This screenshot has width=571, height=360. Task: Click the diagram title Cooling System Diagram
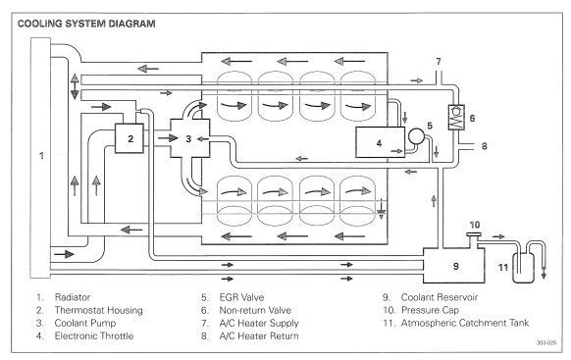[86, 24]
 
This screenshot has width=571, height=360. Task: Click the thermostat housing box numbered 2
[130, 138]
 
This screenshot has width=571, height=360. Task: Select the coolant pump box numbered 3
[189, 138]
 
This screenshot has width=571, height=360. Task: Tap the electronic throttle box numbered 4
[380, 142]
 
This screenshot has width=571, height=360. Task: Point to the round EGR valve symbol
[416, 136]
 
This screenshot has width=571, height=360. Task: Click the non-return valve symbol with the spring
[456, 117]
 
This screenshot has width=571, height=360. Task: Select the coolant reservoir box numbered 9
[453, 266]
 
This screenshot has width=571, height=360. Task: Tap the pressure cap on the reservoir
[474, 235]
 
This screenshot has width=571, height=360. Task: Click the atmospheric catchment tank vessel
[523, 268]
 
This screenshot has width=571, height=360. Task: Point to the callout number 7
[439, 62]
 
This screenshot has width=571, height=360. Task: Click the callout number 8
[484, 146]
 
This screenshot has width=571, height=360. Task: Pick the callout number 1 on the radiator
[41, 155]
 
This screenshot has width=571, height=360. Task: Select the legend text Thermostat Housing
[99, 310]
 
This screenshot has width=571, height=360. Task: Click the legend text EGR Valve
[241, 297]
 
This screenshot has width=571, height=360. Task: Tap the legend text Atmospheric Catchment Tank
[465, 323]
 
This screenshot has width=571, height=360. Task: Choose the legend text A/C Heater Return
[259, 335]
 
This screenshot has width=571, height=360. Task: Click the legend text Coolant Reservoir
[440, 297]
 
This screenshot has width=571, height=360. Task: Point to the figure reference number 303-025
[546, 343]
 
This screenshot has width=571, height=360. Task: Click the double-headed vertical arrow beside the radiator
[75, 86]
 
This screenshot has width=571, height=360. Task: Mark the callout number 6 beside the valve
[472, 118]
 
